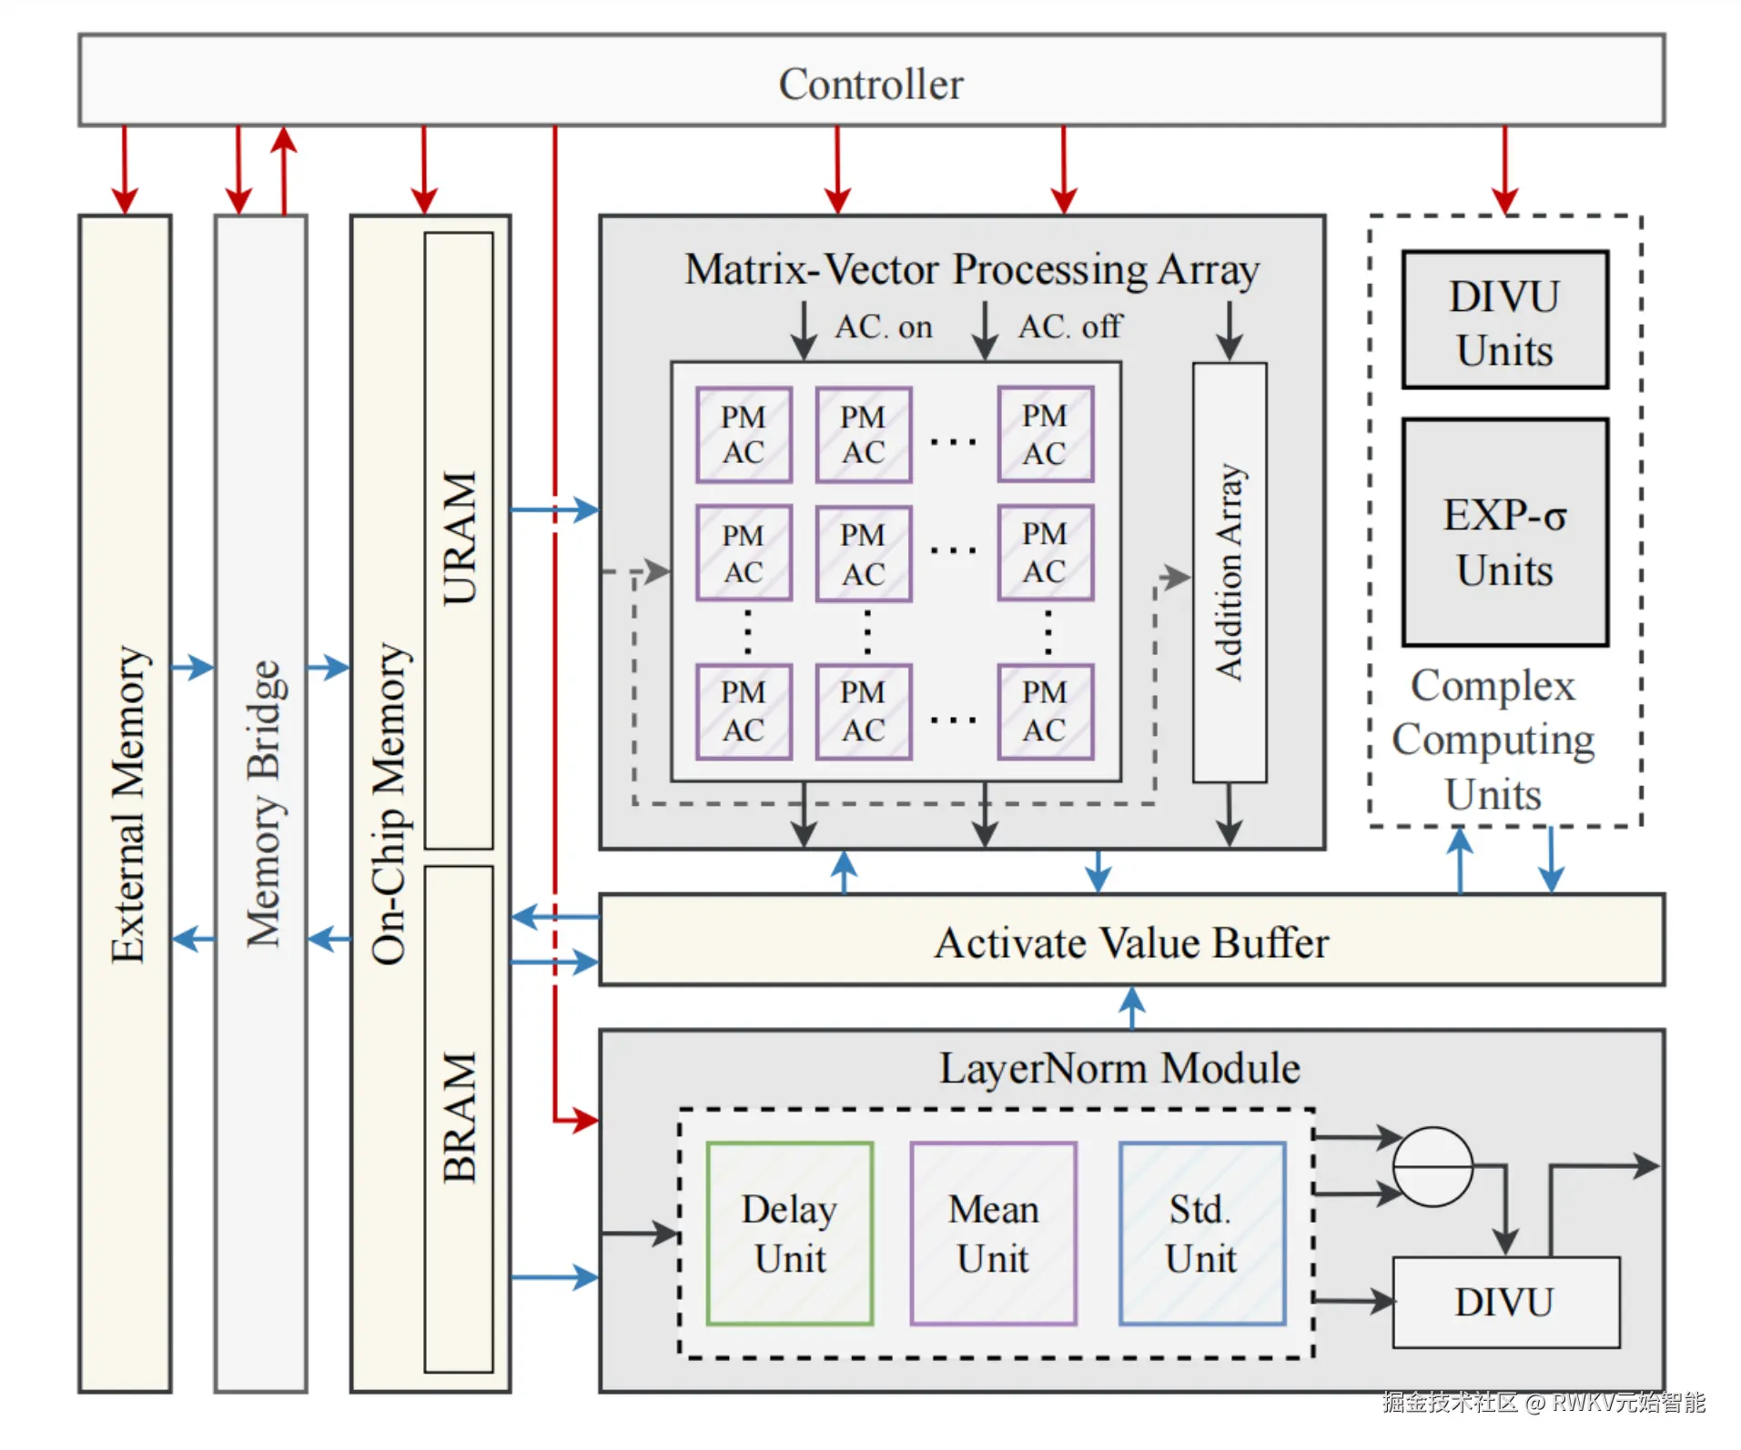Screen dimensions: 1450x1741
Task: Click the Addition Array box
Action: coord(1230,572)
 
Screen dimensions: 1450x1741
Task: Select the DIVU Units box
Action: coord(1504,321)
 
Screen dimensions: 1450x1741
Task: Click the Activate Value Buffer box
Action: coord(1131,941)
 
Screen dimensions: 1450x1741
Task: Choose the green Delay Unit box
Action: coord(790,1233)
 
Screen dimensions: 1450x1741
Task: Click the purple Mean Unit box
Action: coord(993,1233)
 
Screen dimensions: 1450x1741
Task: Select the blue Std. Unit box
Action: coord(1201,1233)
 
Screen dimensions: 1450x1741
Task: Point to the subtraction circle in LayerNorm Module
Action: coord(1432,1166)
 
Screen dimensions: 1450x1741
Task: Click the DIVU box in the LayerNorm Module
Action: coord(1505,1302)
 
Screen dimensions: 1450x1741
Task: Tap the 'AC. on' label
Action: coord(884,327)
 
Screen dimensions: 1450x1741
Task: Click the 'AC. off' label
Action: coord(1069,327)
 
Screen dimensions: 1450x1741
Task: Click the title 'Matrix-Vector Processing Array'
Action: coord(971,269)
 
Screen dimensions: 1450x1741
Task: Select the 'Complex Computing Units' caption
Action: coord(1493,740)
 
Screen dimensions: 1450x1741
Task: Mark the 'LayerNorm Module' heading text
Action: coord(1119,1068)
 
